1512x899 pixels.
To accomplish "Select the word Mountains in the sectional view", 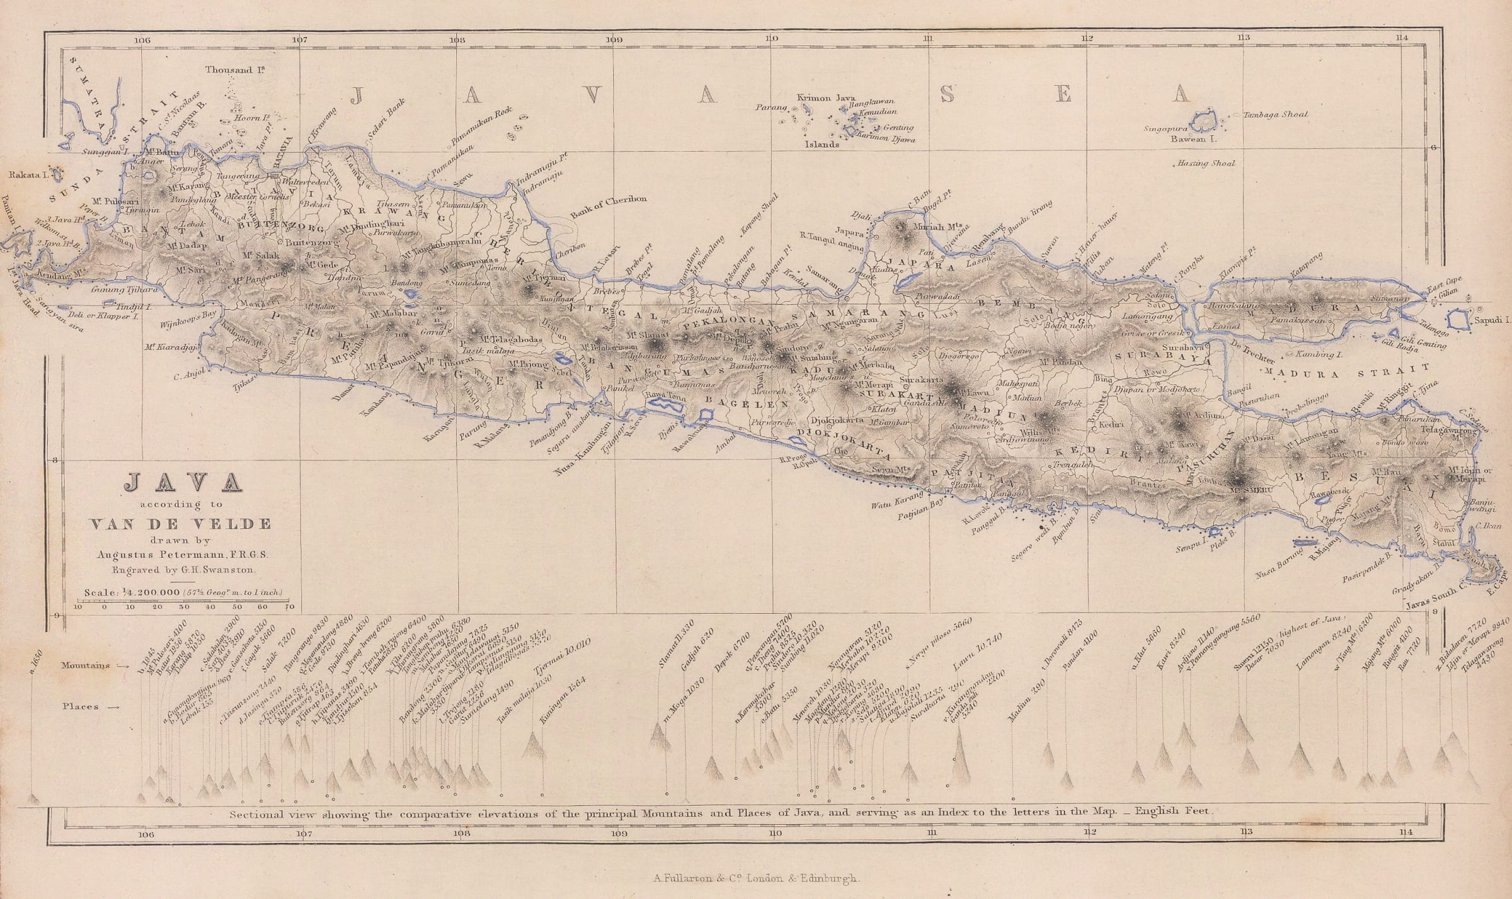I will tap(86, 665).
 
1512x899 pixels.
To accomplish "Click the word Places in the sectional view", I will tap(81, 706).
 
